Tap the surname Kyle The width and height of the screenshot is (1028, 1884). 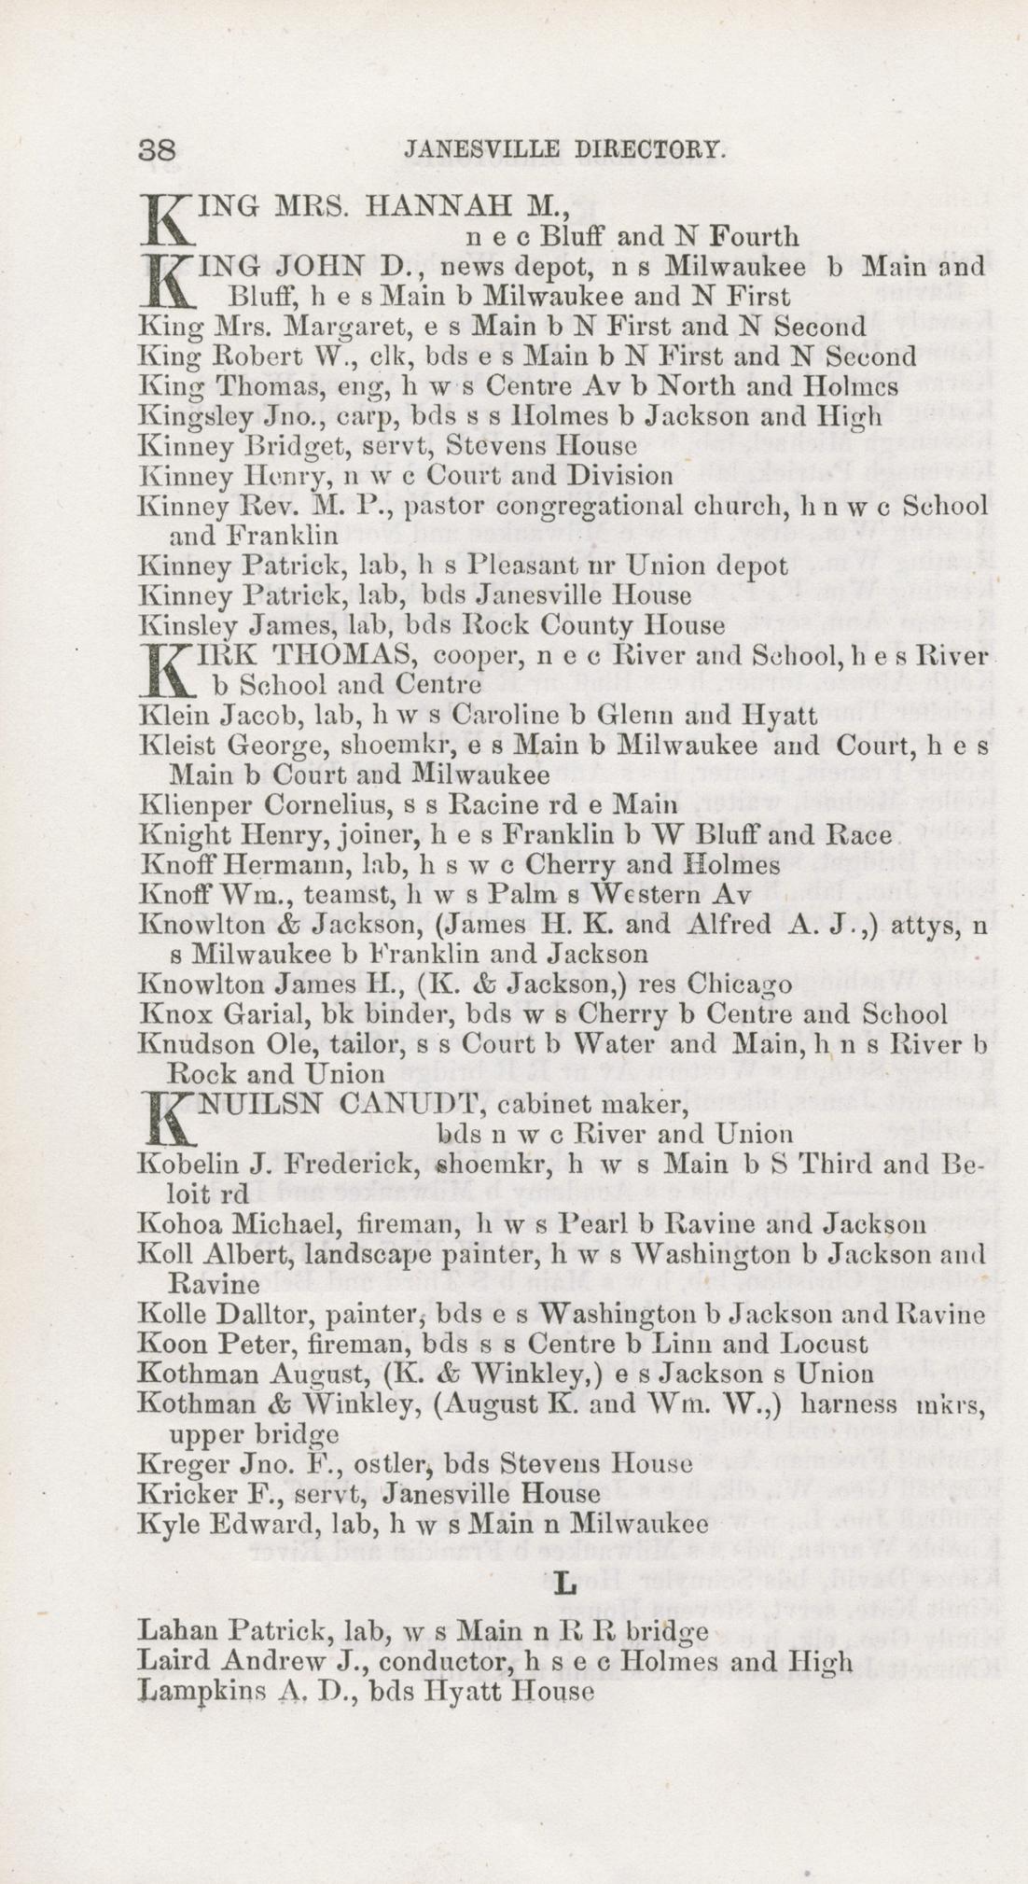163,1522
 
